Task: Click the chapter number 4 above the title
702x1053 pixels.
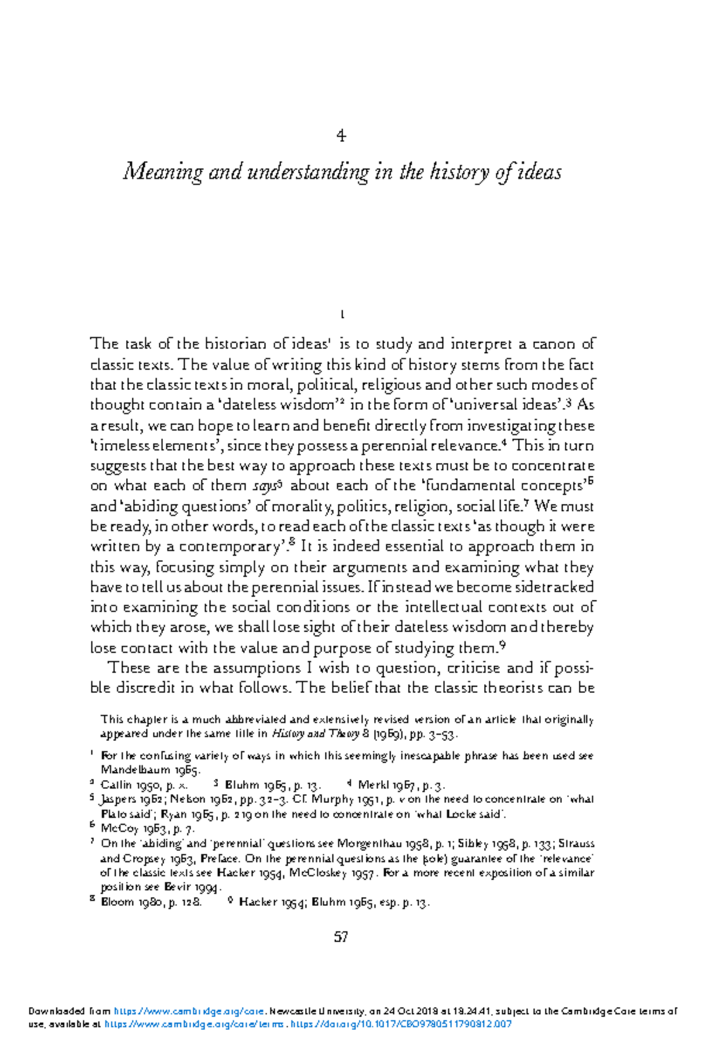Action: [x=341, y=136]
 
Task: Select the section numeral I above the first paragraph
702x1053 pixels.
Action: [x=341, y=315]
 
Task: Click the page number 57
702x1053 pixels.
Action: [x=341, y=937]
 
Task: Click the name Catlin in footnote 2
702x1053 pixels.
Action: [x=116, y=785]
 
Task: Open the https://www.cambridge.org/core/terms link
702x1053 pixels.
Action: [x=195, y=1024]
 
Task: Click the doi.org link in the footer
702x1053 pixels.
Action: [x=401, y=1024]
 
